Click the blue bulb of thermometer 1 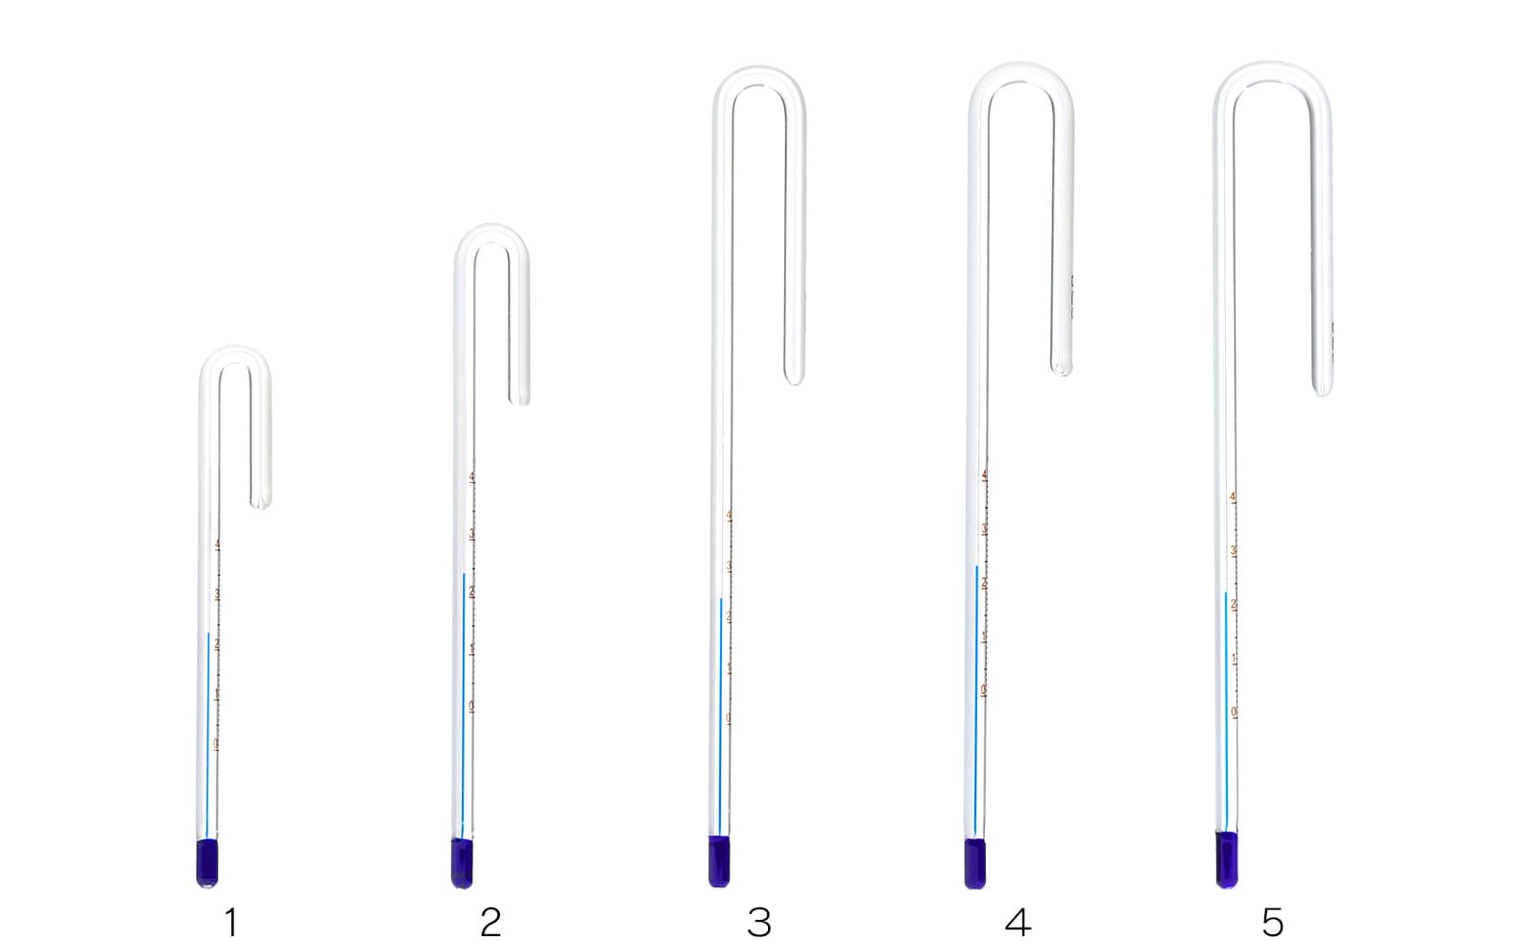206,862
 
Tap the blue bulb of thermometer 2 462,862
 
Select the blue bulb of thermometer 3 719,861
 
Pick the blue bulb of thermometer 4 975,863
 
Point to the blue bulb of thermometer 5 1227,859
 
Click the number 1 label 230,923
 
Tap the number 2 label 491,923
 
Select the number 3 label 758,923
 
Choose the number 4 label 1018,923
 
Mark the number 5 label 1272,923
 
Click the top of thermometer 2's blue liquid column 464,575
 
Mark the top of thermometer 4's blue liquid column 977,567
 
